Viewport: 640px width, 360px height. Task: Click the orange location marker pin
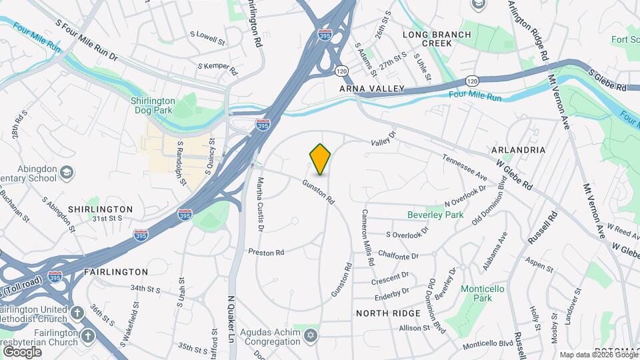click(x=321, y=159)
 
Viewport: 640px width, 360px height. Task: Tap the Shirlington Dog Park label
click(x=152, y=105)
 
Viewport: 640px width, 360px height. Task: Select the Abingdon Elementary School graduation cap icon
click(x=66, y=173)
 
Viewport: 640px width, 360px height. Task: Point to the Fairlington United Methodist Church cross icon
click(x=77, y=313)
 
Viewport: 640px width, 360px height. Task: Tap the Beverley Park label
click(x=435, y=215)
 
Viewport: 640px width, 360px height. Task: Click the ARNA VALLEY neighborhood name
click(x=372, y=89)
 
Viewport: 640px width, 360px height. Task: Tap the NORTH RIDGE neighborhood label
click(x=388, y=313)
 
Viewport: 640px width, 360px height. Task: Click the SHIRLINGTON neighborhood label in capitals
click(x=101, y=209)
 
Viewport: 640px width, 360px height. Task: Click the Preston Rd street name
click(x=266, y=252)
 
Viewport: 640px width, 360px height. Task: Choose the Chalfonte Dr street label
click(x=398, y=256)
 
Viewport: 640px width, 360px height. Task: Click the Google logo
click(x=23, y=351)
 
